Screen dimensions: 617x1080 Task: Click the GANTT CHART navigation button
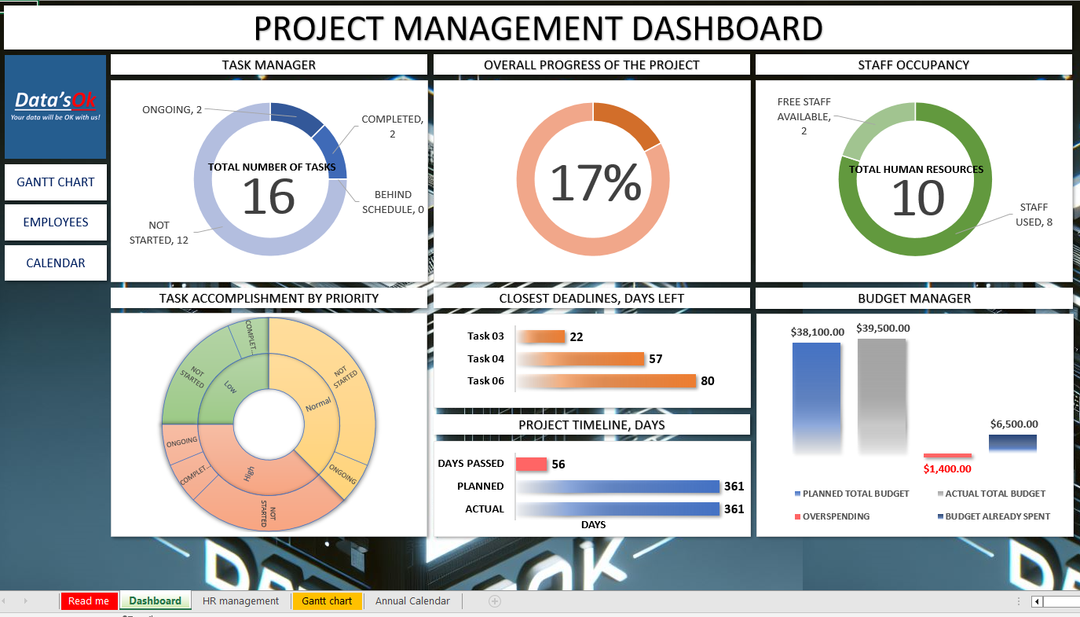[55, 182]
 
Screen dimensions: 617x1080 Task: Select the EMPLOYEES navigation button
[55, 222]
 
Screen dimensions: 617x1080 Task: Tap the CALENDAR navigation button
[55, 263]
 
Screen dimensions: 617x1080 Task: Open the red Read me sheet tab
[89, 601]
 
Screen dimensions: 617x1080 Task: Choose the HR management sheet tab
[240, 601]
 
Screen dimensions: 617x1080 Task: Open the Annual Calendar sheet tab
[412, 601]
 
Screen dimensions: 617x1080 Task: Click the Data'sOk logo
[55, 106]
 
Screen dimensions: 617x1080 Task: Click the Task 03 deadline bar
[541, 336]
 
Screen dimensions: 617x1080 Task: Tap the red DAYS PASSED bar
[531, 465]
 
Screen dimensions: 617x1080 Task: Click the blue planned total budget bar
[816, 397]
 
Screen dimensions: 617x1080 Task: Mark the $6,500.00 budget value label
[1013, 424]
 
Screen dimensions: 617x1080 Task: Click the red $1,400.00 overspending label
[947, 469]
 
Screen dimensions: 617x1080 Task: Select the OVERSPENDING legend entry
[837, 516]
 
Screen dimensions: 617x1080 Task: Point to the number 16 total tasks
[269, 196]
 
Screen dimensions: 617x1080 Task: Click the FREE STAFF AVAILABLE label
[804, 116]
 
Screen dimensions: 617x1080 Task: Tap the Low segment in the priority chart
[229, 387]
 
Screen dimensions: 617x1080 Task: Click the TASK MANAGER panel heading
[269, 65]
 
